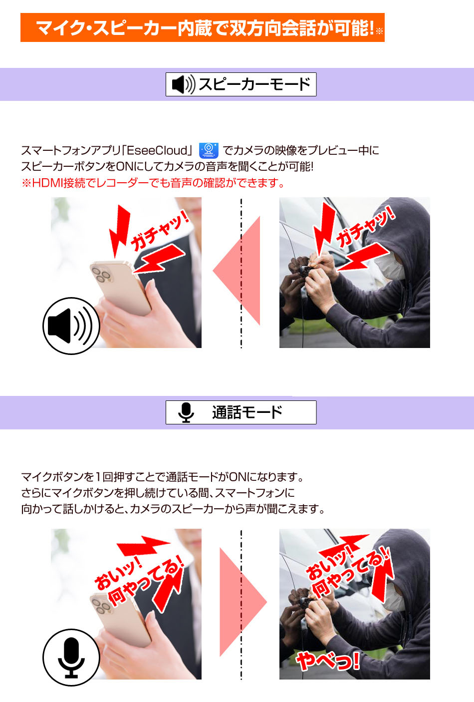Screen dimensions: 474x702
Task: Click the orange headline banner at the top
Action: tap(202, 27)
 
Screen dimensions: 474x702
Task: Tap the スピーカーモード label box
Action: tap(241, 84)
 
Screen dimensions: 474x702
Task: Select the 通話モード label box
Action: tap(241, 412)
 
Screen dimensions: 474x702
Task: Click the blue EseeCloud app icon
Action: tap(209, 150)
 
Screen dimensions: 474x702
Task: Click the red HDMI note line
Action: tap(153, 183)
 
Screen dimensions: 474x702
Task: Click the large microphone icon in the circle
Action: tap(71, 657)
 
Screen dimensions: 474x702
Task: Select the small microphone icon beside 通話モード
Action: tap(186, 412)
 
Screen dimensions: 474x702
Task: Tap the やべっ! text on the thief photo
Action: tap(328, 661)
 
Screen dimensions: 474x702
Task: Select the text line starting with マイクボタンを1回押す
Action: tap(163, 477)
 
